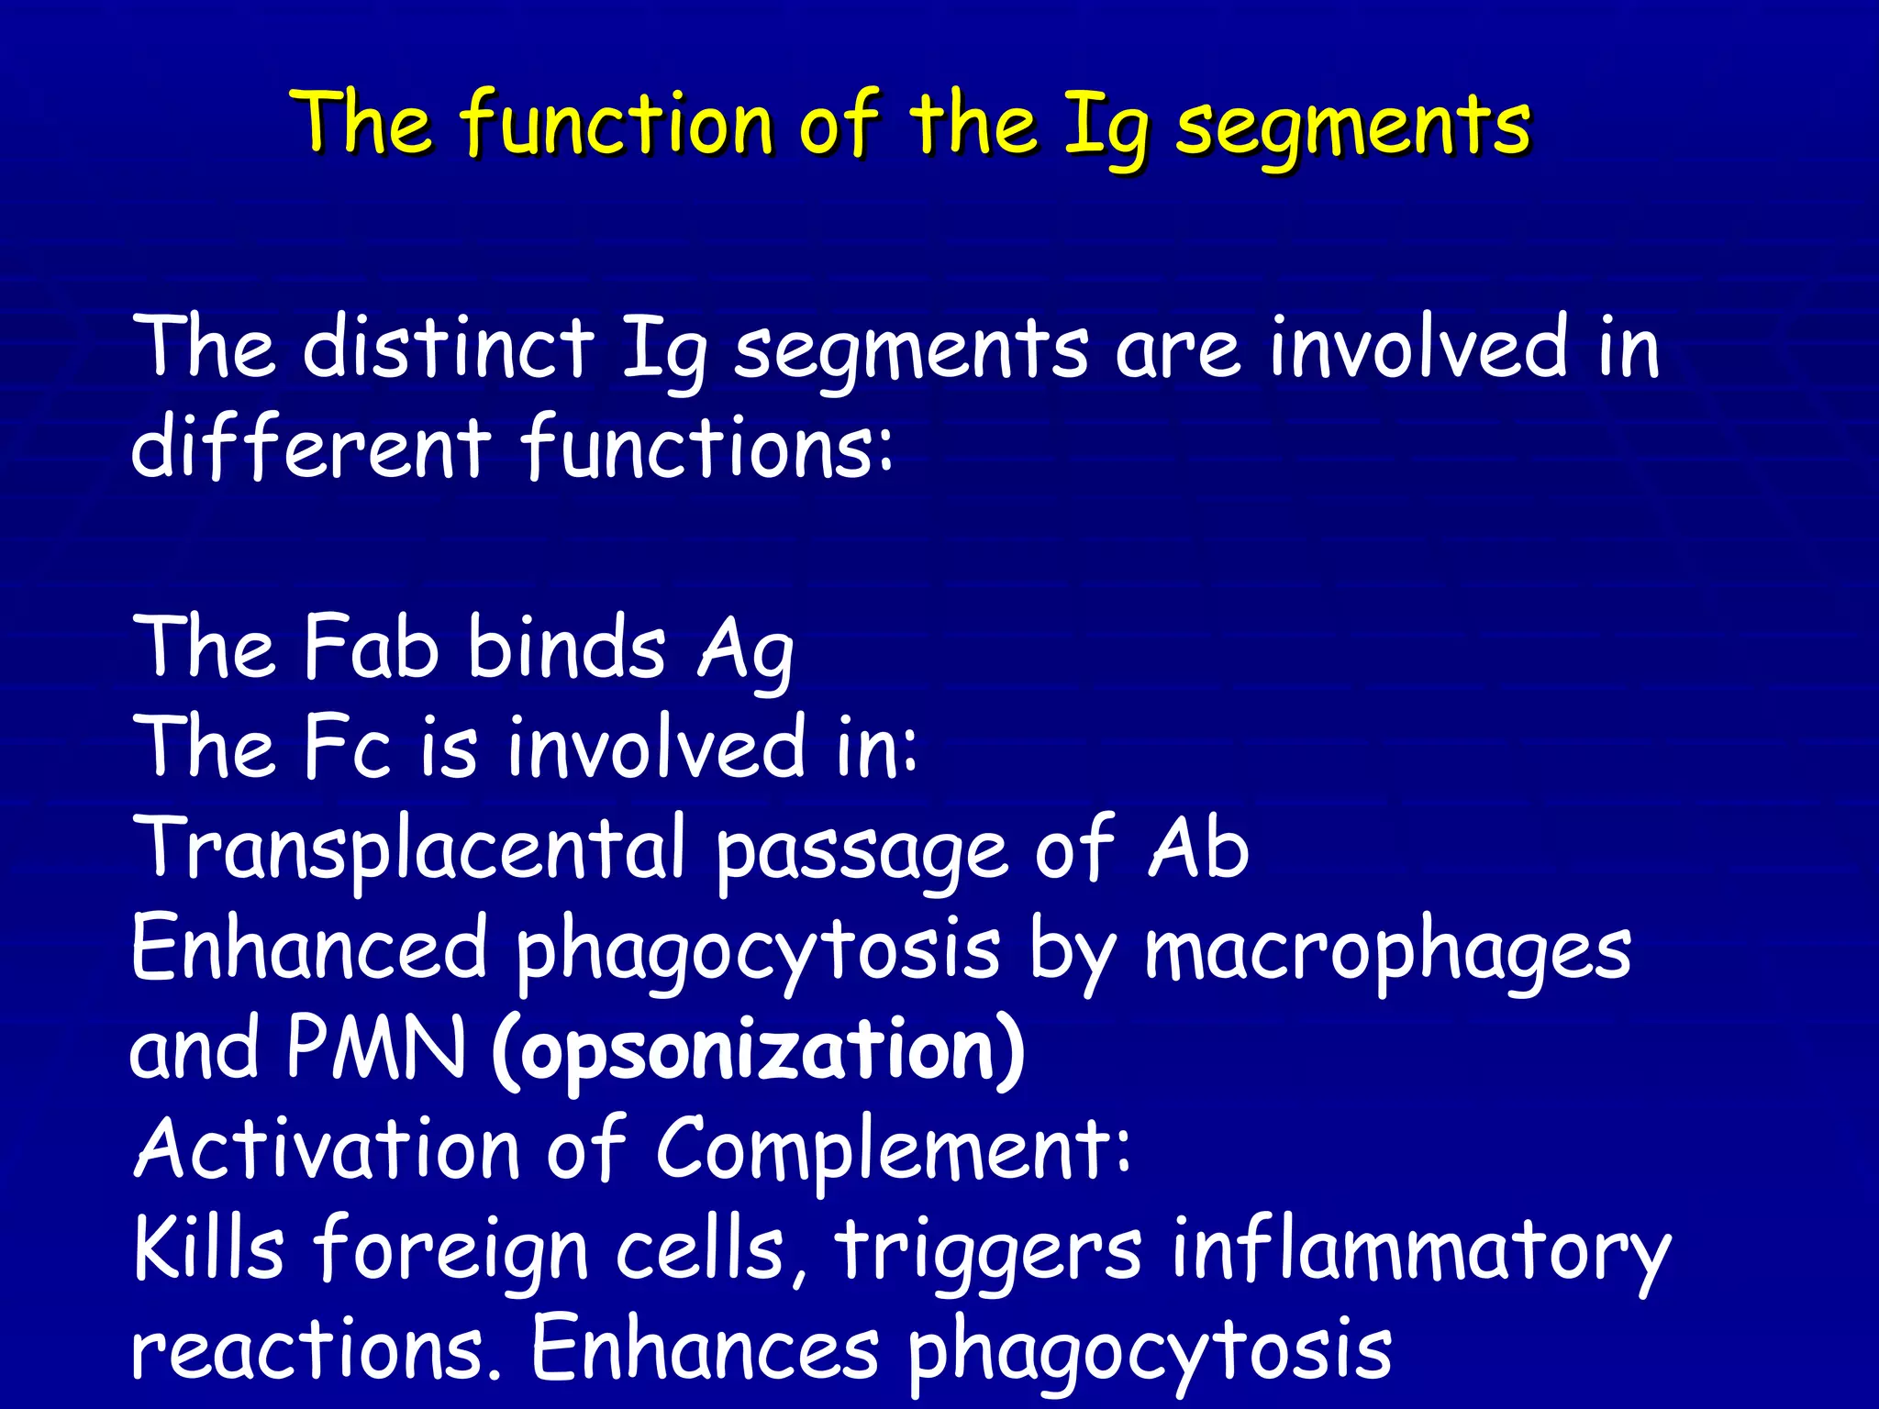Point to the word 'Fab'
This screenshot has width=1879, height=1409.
(x=371, y=647)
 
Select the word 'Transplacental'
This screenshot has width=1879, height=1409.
(x=408, y=849)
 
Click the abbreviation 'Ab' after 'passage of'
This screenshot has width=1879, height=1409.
(x=1198, y=848)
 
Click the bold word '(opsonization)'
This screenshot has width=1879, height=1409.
(x=758, y=1049)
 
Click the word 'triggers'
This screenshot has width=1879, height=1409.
(x=987, y=1251)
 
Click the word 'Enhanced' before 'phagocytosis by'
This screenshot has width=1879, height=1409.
(x=308, y=949)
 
